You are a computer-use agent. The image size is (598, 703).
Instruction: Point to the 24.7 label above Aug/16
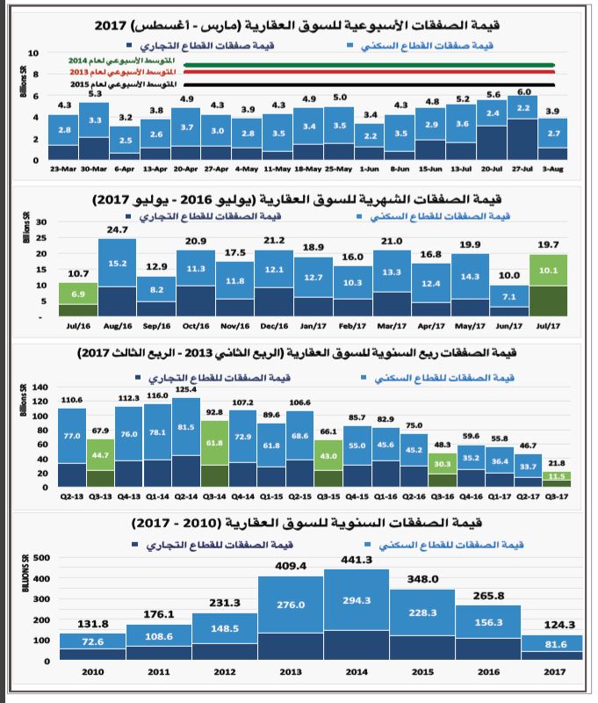point(118,230)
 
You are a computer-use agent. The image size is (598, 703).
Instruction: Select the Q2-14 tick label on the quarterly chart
point(185,495)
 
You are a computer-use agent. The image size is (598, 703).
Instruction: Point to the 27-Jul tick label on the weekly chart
point(524,170)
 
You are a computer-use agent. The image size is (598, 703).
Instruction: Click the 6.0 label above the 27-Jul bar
point(524,91)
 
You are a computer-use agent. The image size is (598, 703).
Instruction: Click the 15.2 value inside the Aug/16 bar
point(118,262)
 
